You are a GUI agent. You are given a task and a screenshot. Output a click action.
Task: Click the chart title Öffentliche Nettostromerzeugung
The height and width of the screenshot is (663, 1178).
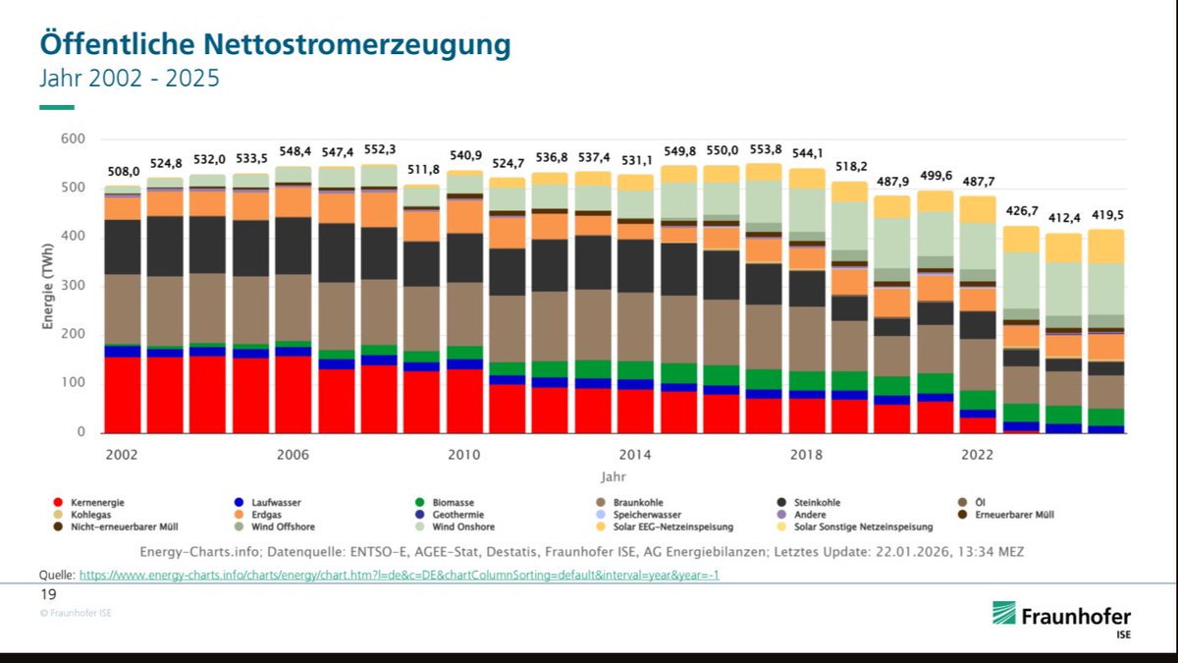(x=275, y=44)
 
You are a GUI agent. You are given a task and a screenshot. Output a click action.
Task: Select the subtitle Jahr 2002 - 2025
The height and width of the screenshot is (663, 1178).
(x=129, y=78)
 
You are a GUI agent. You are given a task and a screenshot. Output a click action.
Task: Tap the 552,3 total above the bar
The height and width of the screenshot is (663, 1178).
(x=379, y=149)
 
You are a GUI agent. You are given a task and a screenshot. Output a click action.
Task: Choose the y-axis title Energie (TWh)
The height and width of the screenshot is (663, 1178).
(x=47, y=286)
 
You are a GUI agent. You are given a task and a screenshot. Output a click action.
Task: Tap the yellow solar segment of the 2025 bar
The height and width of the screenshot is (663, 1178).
(x=1105, y=246)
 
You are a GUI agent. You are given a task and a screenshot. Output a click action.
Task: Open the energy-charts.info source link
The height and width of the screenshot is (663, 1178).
(x=399, y=575)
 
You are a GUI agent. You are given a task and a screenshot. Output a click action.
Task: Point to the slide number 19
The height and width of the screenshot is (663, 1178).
(x=48, y=595)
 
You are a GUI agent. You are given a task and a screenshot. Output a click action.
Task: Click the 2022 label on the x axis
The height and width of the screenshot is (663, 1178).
(x=978, y=455)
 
